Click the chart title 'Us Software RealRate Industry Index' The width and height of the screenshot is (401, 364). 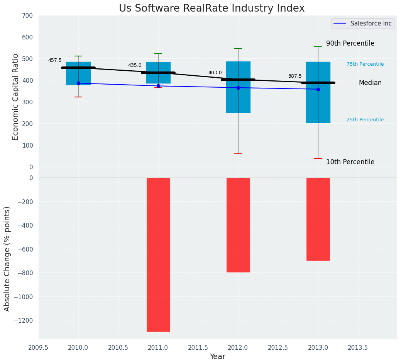click(x=211, y=9)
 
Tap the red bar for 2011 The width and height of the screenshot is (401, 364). click(x=158, y=254)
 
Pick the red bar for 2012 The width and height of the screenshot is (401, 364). click(x=238, y=225)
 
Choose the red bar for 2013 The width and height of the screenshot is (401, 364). click(x=318, y=219)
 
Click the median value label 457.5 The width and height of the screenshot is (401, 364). click(x=55, y=60)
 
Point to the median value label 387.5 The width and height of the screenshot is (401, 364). click(x=295, y=76)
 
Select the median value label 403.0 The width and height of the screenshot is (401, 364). click(x=215, y=73)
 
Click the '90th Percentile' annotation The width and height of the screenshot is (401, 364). click(x=350, y=43)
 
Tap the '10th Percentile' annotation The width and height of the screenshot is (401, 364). click(x=350, y=162)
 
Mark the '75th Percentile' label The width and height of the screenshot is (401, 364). click(x=365, y=64)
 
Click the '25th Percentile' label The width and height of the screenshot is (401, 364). click(x=365, y=120)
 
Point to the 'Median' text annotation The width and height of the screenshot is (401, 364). click(x=370, y=83)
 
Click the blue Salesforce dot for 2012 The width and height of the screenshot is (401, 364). click(x=238, y=88)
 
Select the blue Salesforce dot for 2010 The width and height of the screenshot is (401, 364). click(x=78, y=83)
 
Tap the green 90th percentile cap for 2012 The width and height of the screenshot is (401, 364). click(x=238, y=48)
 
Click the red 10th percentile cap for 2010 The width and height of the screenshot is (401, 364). click(x=78, y=97)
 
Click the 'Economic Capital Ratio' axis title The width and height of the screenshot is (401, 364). click(x=16, y=97)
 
